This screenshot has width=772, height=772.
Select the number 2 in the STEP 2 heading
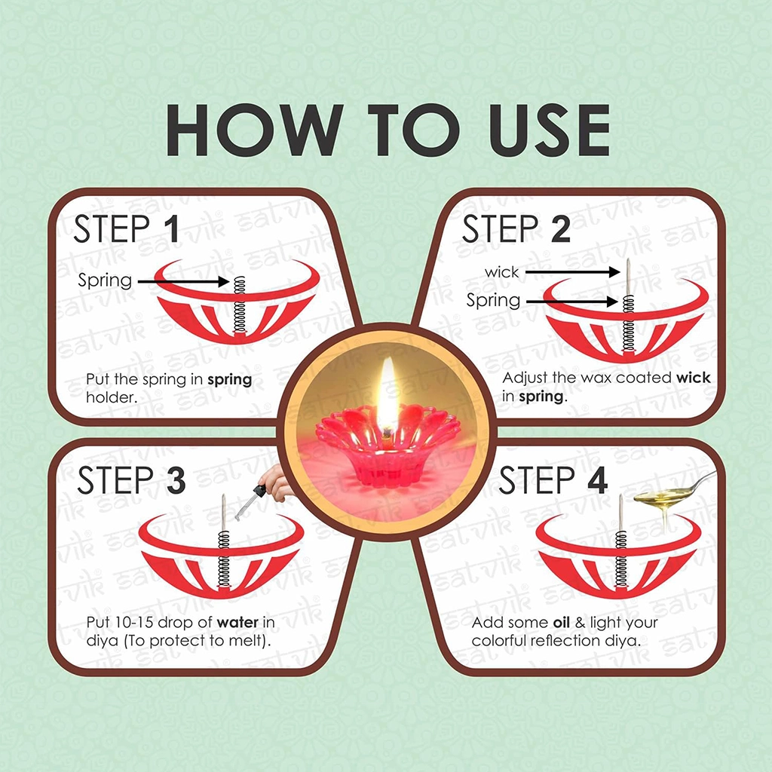coord(561,229)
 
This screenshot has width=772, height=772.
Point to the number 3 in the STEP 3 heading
coord(176,479)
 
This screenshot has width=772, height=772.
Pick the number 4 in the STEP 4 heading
coord(597,480)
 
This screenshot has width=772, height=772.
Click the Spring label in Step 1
coord(105,281)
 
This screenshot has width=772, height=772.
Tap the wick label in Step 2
coord(501,271)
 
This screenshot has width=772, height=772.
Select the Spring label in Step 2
coord(493,300)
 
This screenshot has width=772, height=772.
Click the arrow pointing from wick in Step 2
coord(573,271)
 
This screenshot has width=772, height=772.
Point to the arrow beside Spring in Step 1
coord(184,282)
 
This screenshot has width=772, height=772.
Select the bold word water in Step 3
coord(237,622)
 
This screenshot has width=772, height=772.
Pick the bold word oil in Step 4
coord(561,622)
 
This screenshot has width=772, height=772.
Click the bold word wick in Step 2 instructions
coord(694,378)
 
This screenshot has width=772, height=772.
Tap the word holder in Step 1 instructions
coord(112,397)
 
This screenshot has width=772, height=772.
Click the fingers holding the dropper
coord(276,482)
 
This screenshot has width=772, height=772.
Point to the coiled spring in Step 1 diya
coord(240,305)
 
